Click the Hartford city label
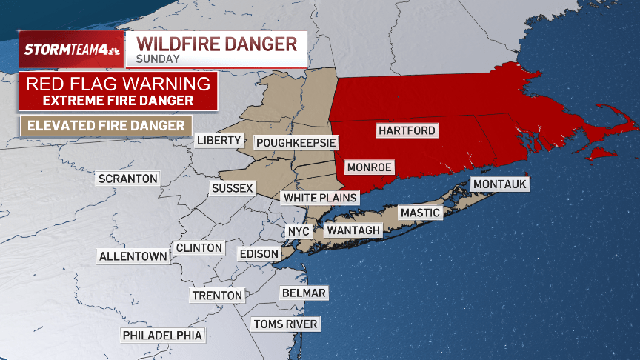point(407,130)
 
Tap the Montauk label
point(500,184)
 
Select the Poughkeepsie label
point(296,142)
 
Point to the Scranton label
point(128,179)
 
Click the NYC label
point(299,231)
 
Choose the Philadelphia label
point(162,335)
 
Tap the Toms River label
point(285,324)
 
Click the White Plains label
point(320,198)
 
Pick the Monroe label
point(369,167)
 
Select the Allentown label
point(133,256)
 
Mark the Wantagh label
point(353,230)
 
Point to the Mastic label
point(420,213)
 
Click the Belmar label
point(304,293)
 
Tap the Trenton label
point(217,296)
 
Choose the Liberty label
point(219,140)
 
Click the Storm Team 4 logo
point(71,50)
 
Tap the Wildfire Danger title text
point(217,43)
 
